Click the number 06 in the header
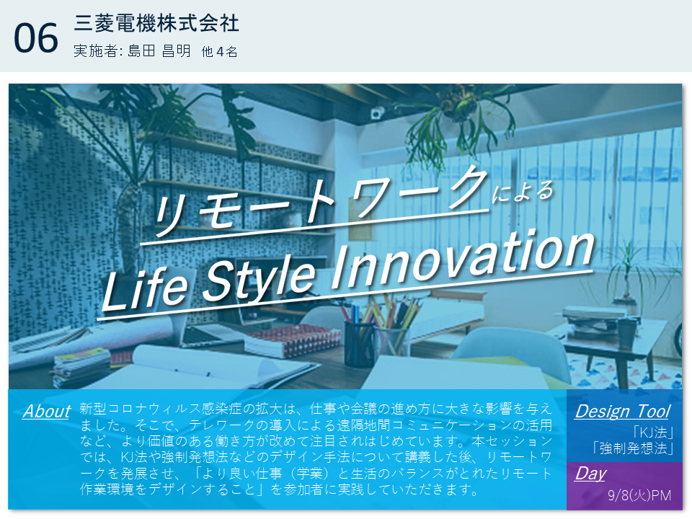pyautogui.click(x=36, y=38)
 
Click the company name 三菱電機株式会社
pyautogui.click(x=156, y=23)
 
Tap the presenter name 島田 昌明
pyautogui.click(x=159, y=51)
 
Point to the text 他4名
pyautogui.click(x=219, y=52)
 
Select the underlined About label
pyautogui.click(x=47, y=412)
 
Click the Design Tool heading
pyautogui.click(x=623, y=412)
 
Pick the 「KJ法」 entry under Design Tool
pyautogui.click(x=653, y=432)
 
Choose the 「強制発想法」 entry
pyautogui.click(x=633, y=448)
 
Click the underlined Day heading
pyautogui.click(x=590, y=474)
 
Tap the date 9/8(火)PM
pyautogui.click(x=639, y=495)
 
